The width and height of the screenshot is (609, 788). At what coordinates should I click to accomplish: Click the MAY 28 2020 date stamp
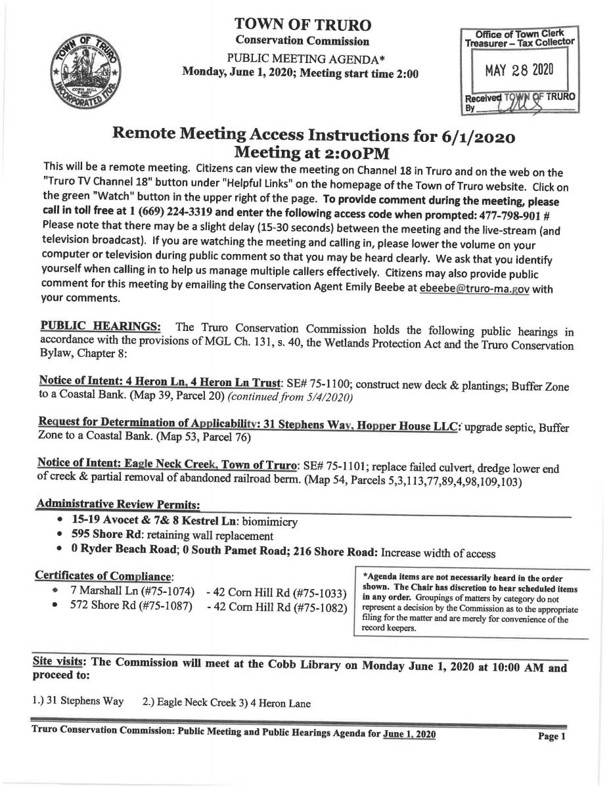click(519, 70)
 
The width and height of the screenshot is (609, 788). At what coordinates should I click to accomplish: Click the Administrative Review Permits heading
click(118, 503)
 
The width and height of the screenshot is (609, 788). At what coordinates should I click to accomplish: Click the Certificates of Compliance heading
click(103, 576)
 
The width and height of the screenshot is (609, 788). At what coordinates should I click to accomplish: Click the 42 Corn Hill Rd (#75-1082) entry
click(277, 607)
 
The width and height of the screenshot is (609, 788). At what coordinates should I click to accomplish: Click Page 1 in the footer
click(552, 737)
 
